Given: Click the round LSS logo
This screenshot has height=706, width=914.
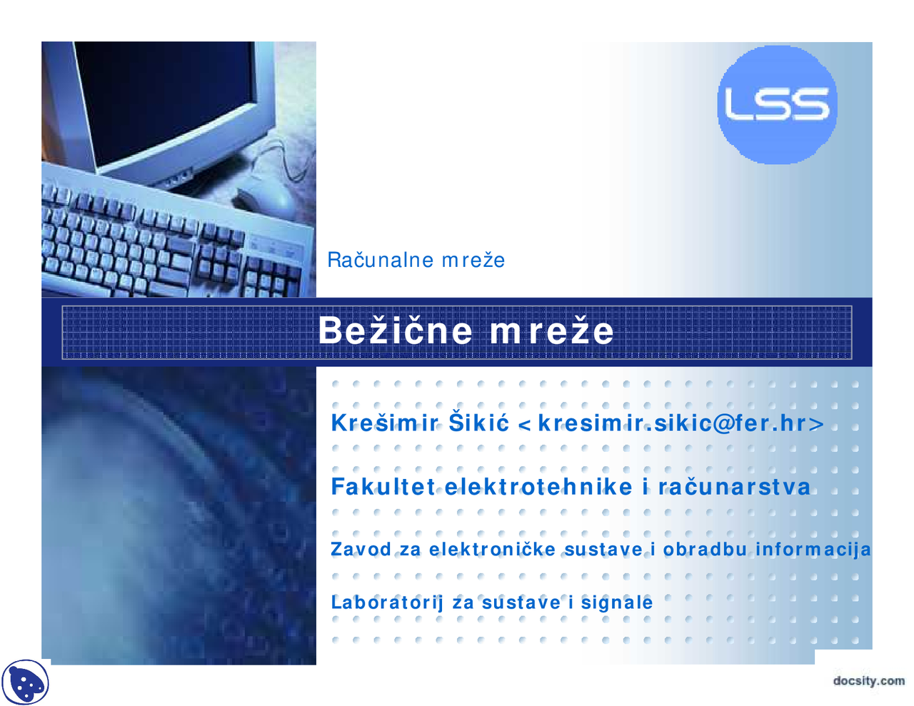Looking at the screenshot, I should [777, 105].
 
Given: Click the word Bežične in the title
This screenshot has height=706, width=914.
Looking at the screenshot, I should [395, 331].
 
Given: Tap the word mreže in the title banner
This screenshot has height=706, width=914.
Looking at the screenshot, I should [551, 331].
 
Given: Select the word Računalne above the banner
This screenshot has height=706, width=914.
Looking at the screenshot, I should [380, 260].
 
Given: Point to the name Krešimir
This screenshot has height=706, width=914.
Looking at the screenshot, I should [385, 423].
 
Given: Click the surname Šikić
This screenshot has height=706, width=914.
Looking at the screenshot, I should [478, 423].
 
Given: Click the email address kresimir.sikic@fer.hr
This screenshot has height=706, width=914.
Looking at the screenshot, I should [673, 423].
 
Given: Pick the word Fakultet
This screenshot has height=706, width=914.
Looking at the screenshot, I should [383, 487].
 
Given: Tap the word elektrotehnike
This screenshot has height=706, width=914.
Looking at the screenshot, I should [538, 487].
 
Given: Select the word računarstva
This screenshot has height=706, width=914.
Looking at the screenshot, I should [734, 487].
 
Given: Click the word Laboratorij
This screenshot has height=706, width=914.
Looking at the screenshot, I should [386, 602].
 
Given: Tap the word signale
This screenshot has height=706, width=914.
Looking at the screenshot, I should [616, 602].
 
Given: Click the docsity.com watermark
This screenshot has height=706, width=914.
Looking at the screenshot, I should [868, 680].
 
